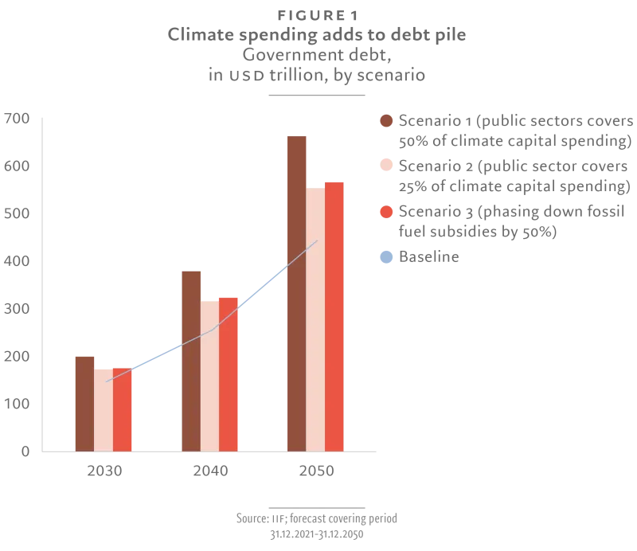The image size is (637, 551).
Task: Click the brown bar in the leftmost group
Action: coord(83,401)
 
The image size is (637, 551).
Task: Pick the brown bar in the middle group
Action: coord(191,360)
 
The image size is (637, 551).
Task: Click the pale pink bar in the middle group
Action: coord(209,376)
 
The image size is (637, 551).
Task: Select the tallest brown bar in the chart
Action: coord(297,292)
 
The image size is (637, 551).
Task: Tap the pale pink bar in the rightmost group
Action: coord(316,318)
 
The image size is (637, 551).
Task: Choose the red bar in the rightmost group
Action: coord(334,316)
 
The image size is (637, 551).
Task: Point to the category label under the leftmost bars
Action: coord(106,471)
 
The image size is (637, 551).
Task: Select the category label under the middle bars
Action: coord(210,471)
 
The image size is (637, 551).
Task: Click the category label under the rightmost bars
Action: coord(317,471)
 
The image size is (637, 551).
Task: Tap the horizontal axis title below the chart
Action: coord(318,522)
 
